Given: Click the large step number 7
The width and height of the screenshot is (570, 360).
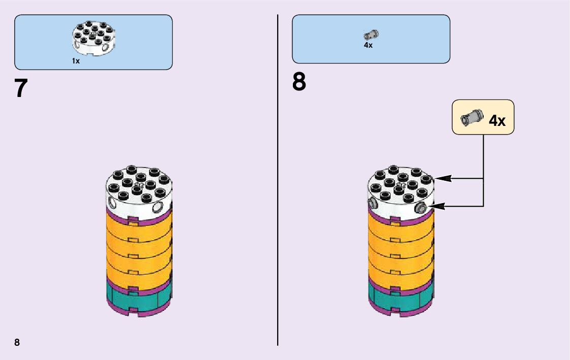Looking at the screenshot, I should pyautogui.click(x=20, y=88).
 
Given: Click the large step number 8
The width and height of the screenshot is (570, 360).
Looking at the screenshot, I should pyautogui.click(x=299, y=82).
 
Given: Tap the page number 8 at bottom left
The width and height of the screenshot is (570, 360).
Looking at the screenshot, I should pyautogui.click(x=17, y=342).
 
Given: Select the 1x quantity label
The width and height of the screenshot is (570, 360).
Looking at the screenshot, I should pyautogui.click(x=76, y=61).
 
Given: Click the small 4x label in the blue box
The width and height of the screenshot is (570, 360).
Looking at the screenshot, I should pyautogui.click(x=368, y=45).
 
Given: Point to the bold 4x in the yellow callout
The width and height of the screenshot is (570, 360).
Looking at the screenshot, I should pyautogui.click(x=497, y=120).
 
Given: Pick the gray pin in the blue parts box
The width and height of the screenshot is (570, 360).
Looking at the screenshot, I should pyautogui.click(x=371, y=35).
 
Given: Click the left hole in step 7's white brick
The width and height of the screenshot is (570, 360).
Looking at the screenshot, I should pyautogui.click(x=112, y=204).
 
